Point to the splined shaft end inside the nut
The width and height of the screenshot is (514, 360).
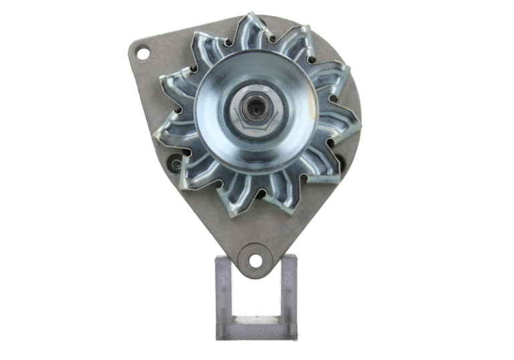coord(254,106)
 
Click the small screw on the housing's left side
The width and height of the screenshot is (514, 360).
coord(175,162)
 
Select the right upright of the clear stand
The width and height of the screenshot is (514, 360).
coord(288,294)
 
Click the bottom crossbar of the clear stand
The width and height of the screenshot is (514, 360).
coord(255,330)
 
